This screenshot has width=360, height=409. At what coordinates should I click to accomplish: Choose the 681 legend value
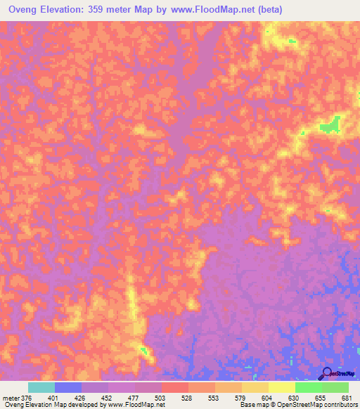[x=346, y=397]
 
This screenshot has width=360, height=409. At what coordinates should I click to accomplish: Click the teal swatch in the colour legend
[x=41, y=387]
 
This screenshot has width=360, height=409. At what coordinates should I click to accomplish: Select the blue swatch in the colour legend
[x=68, y=387]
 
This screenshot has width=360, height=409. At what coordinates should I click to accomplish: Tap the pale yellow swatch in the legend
[x=282, y=387]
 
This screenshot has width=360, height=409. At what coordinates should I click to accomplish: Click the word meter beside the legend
[x=11, y=397]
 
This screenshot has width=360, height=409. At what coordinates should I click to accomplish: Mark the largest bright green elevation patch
[x=329, y=126]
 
